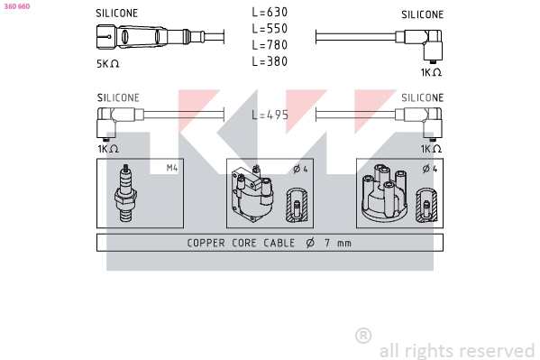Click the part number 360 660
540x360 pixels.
pos(17,6)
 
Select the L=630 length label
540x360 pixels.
pos(270,13)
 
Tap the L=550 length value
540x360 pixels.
pos(270,29)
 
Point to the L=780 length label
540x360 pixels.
pos(270,45)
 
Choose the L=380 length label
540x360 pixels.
pos(270,61)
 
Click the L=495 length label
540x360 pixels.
pos(270,115)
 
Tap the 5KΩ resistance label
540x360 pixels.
pos(108,64)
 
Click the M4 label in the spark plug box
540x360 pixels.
pos(172,168)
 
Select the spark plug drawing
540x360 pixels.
pos(125,193)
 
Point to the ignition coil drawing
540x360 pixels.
pos(252,194)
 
